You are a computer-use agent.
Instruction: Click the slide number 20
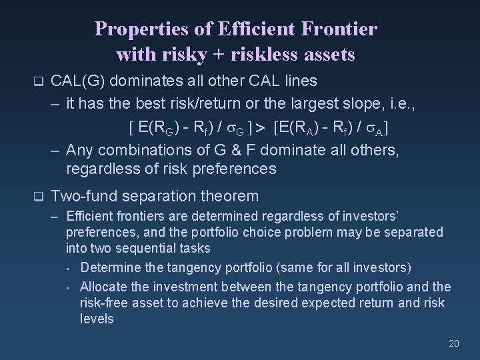(x=453, y=343)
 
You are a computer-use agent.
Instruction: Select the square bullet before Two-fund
(x=37, y=197)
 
